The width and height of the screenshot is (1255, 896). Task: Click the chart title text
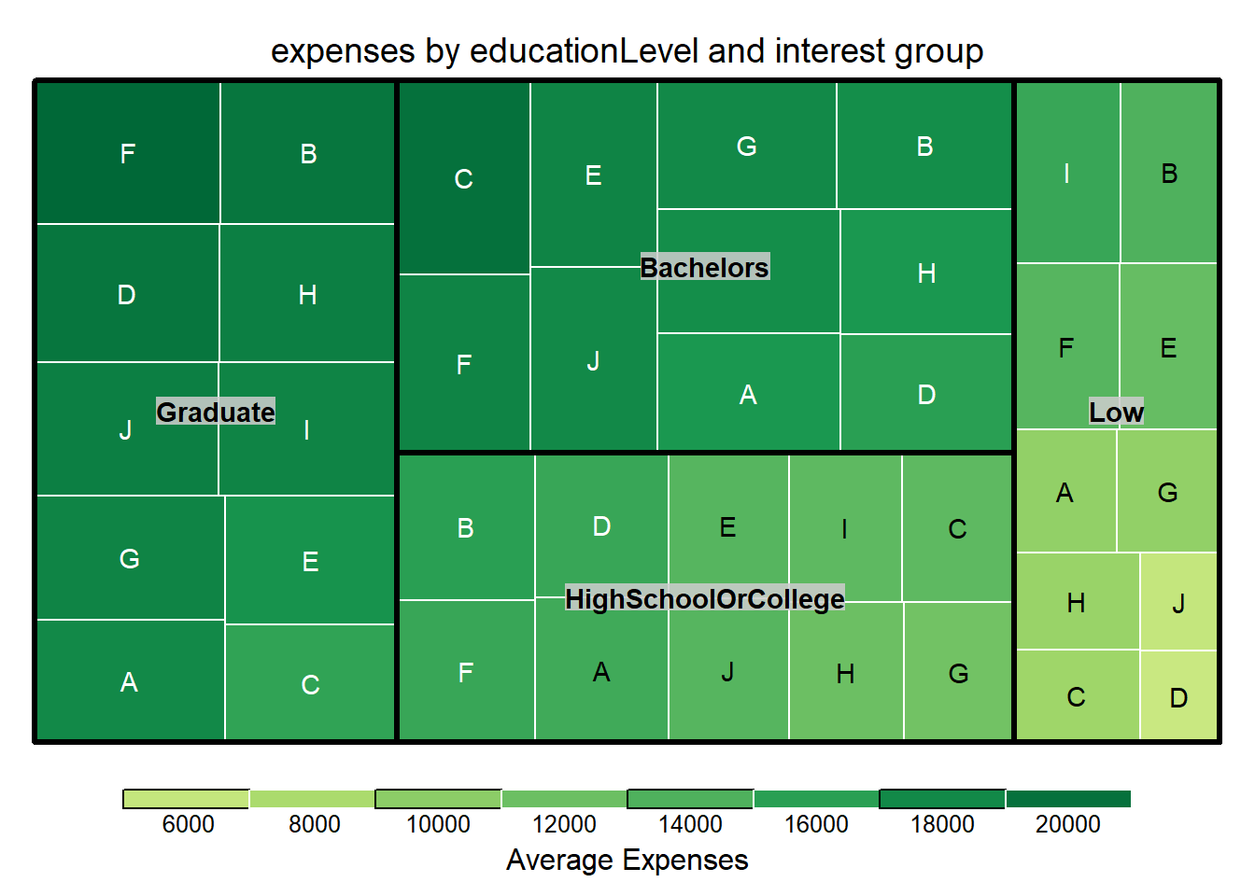click(x=627, y=51)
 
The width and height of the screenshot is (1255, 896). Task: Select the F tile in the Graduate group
click(x=128, y=153)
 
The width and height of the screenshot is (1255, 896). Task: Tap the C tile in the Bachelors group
click(x=464, y=178)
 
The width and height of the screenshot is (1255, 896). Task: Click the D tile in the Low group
click(x=1178, y=696)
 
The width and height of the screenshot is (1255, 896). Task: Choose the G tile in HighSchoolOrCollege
click(x=958, y=672)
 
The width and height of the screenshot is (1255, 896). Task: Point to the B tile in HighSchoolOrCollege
click(x=466, y=527)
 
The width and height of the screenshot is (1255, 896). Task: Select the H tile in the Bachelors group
click(x=926, y=273)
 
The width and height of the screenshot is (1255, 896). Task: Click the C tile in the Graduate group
click(x=310, y=683)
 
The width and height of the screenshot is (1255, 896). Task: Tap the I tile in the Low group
click(x=1066, y=173)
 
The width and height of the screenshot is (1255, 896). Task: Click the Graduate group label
click(x=216, y=412)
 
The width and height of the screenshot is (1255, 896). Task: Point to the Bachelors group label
click(x=704, y=268)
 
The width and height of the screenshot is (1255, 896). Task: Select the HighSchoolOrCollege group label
click(x=704, y=598)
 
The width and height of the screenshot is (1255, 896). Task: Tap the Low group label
click(x=1116, y=412)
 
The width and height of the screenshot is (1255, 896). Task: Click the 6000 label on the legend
click(x=188, y=824)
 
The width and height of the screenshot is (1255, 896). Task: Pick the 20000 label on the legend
click(x=1067, y=824)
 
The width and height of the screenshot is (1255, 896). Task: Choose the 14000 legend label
click(x=690, y=824)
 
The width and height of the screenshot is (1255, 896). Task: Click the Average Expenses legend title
click(x=627, y=860)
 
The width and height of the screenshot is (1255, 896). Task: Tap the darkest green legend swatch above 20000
click(x=1067, y=799)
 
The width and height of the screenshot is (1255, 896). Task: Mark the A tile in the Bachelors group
click(x=748, y=395)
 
